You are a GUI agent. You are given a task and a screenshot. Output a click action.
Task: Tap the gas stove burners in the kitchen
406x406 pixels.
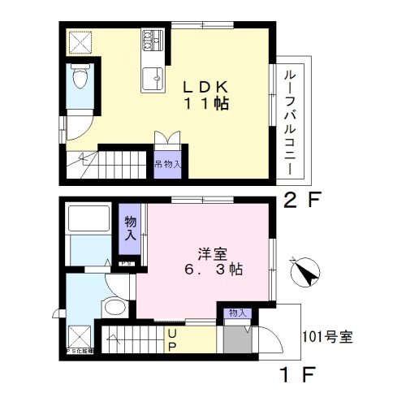pos(152,40)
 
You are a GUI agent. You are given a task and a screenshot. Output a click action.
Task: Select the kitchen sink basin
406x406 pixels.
pos(152,78)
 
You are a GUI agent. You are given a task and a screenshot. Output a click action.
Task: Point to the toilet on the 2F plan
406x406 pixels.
pos(79,80)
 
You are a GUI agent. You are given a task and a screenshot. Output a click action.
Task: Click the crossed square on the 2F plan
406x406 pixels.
pos(80,42)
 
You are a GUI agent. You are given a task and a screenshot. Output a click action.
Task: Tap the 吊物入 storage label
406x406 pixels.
pos(168,164)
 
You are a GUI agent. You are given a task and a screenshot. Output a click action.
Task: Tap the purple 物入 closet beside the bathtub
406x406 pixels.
pos(130,225)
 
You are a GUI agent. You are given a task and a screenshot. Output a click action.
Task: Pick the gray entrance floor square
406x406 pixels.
pos(236,338)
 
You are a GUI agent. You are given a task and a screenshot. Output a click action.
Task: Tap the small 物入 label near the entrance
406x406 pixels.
pos(237,313)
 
